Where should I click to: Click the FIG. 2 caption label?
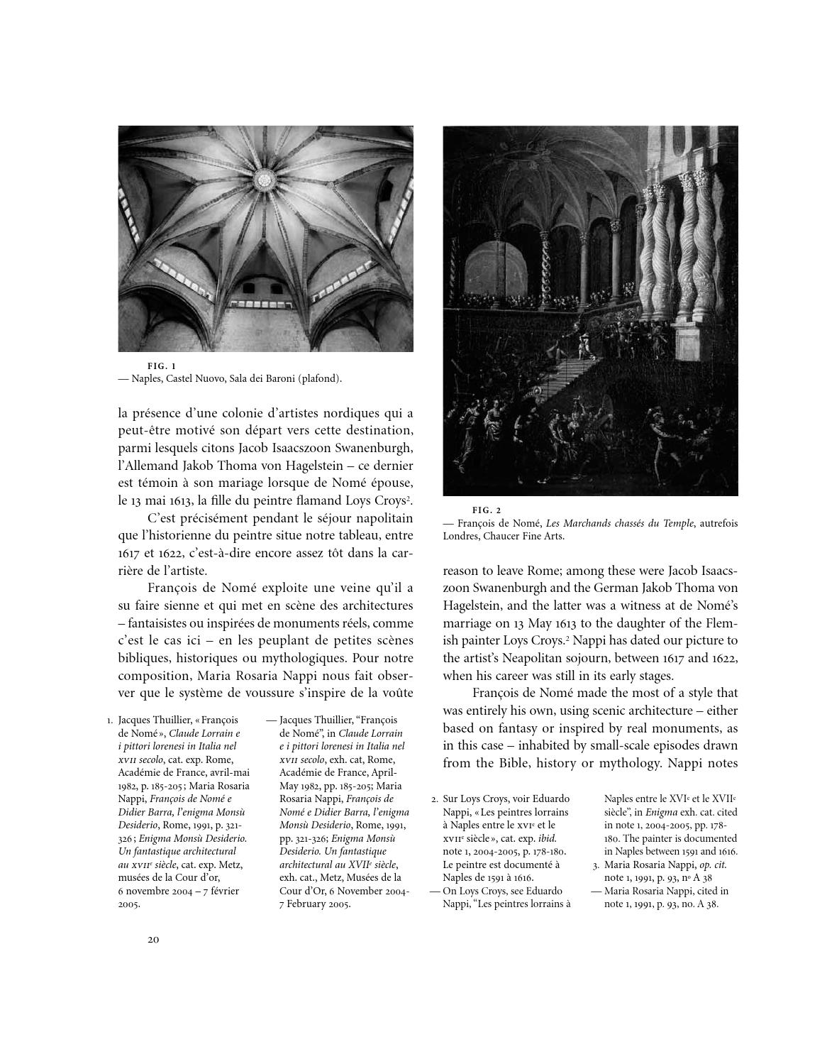pos(487,510)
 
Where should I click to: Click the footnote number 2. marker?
pos(435,799)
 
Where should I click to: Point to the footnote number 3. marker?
pos(596,865)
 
